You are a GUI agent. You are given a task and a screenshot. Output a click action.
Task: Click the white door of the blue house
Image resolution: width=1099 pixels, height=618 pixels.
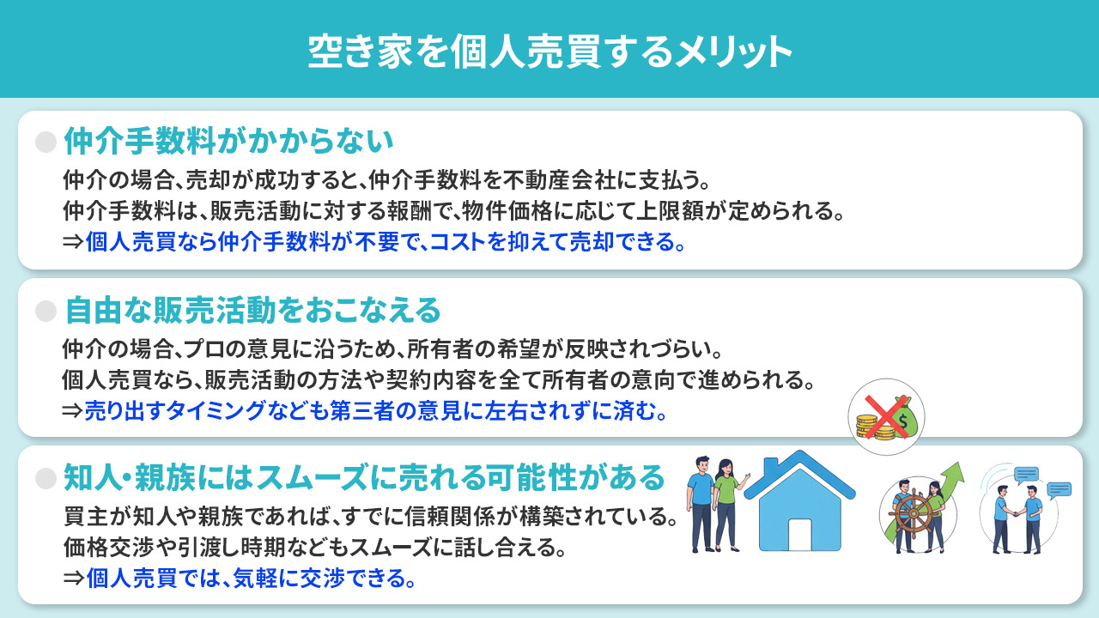(799, 535)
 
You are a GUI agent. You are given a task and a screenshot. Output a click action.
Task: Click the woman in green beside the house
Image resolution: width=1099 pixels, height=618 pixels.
(726, 502)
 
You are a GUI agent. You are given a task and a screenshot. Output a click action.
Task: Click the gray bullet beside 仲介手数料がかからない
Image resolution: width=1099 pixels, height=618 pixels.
(46, 142)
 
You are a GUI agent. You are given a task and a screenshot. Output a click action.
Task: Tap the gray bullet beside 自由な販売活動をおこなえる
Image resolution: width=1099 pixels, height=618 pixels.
(46, 311)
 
